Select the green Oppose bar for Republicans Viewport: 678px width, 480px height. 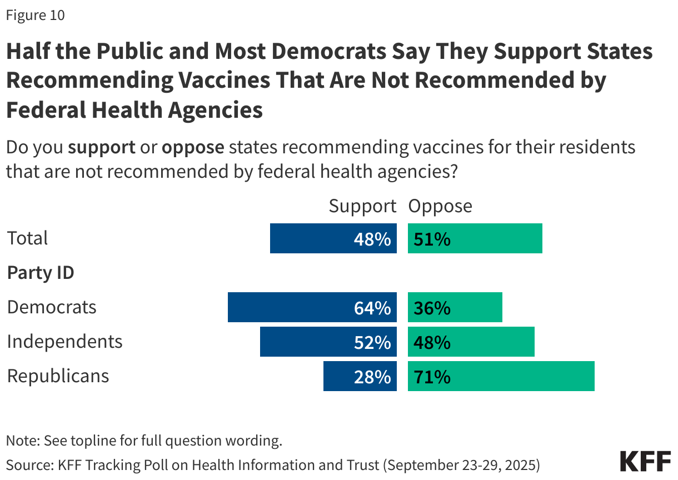point(501,376)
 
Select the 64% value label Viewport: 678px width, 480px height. point(372,308)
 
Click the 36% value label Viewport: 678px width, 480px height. point(432,308)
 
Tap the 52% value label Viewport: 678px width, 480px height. point(372,342)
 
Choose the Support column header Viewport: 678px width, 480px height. point(362,206)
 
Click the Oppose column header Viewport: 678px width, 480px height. point(440,206)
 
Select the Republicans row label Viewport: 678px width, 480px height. point(58,376)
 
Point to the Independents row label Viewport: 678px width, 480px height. point(64,341)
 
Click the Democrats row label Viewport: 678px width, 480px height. point(52,307)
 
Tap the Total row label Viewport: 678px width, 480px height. point(27,238)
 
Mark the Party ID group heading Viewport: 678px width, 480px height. point(41,273)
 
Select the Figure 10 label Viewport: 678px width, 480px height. point(36,16)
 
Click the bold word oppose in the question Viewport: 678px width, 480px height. point(193,148)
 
